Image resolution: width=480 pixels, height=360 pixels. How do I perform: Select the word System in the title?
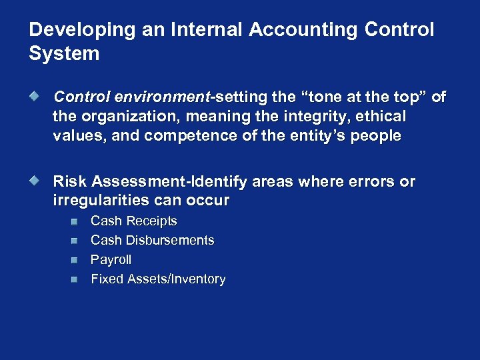pos(64,53)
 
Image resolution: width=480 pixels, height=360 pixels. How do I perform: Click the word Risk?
pos(70,181)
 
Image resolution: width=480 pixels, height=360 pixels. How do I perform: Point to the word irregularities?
pos(103,201)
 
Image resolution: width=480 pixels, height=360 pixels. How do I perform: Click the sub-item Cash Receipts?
pos(133,221)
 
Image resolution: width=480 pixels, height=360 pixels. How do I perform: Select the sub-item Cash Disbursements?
pos(152,240)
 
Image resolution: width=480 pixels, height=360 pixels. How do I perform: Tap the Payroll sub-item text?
pos(111,259)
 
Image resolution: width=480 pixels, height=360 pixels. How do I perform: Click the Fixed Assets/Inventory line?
pos(158,279)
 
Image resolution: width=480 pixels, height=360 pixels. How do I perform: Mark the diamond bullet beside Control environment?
pos(41,97)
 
